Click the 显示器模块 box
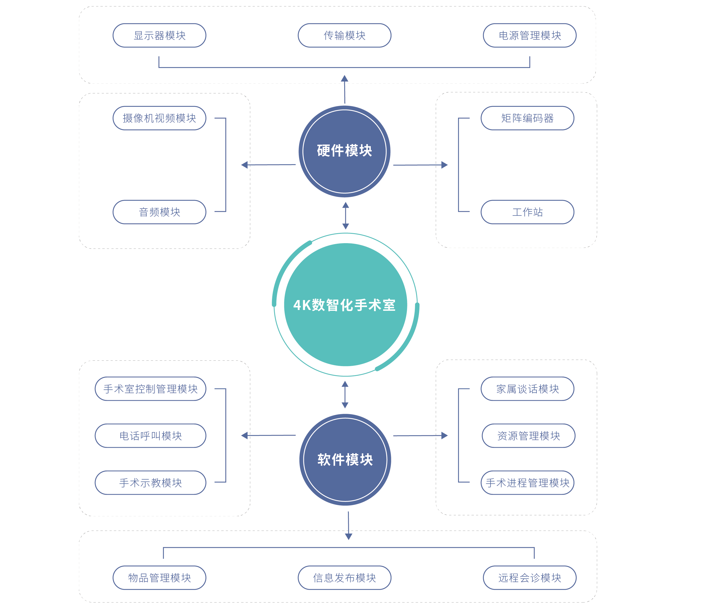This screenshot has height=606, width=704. coord(159,35)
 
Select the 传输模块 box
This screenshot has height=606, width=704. coord(344,35)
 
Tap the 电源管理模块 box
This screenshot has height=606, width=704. coord(529,35)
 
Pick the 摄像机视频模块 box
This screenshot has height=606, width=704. coord(159,118)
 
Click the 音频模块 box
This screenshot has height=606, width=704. coord(159,212)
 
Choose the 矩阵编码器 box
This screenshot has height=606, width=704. coord(527,118)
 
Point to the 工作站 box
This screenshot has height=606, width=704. coord(527,212)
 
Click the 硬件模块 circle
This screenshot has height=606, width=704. coord(344,151)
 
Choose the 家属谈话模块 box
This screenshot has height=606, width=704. coord(527,389)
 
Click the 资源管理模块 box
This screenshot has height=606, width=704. coord(528,436)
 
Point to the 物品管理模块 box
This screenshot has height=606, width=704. coord(159,578)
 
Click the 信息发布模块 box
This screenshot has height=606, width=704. coord(344,578)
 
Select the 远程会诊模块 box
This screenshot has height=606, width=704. coord(529,578)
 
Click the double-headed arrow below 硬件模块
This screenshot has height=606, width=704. coord(345,216)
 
